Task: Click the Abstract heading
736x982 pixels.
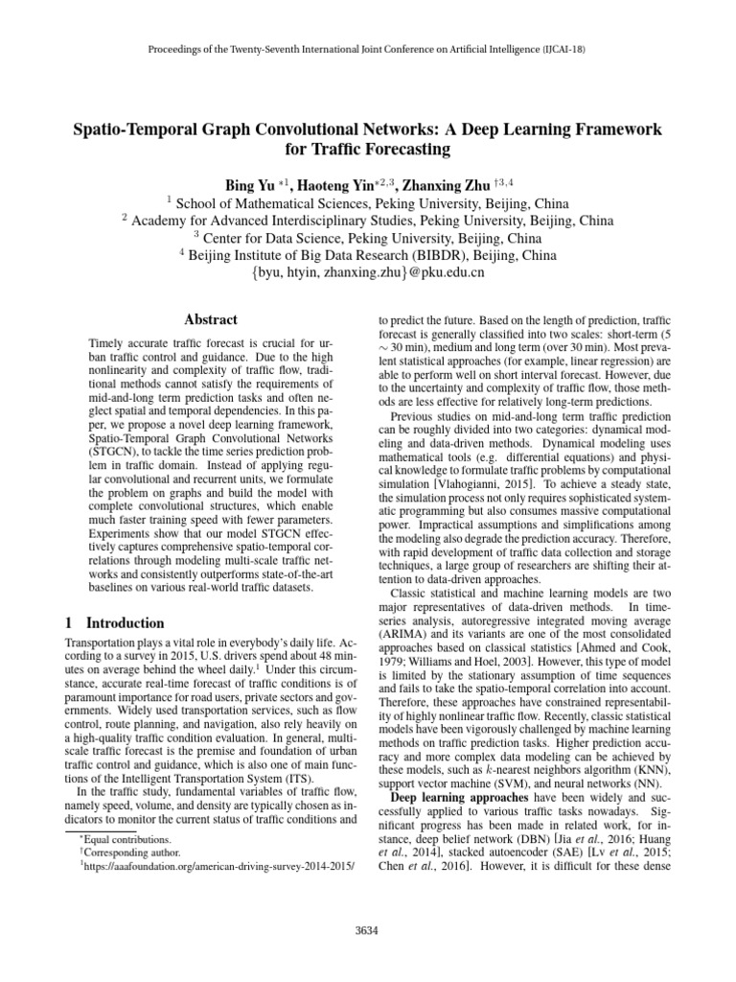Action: (x=210, y=319)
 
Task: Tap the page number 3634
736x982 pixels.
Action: (x=368, y=929)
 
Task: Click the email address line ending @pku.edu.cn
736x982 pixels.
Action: (x=368, y=272)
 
